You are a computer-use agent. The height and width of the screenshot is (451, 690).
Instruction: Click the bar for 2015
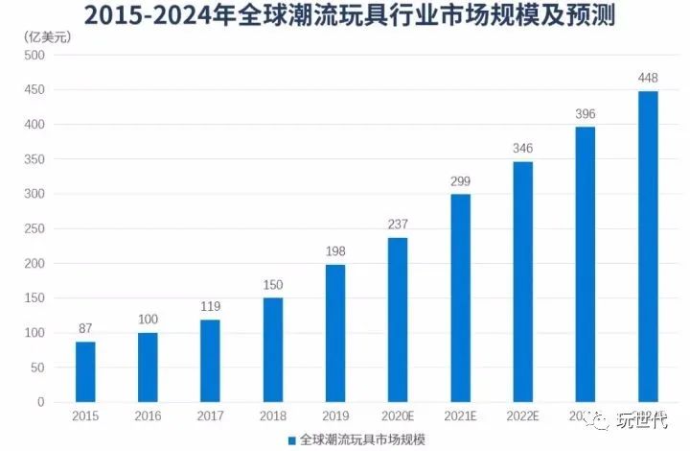coord(85,371)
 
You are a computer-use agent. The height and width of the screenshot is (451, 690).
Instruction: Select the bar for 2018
coord(273,349)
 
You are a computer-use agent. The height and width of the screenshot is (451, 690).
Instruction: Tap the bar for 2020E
coord(398,320)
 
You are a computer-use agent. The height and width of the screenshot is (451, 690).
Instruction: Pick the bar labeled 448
coord(648,247)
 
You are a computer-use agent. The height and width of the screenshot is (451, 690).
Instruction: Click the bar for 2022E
coord(523,281)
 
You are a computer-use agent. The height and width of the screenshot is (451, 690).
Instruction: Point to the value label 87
coord(85,329)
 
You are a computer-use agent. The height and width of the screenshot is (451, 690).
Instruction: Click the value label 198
coord(335,252)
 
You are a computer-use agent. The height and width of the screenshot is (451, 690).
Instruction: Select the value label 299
coord(460,181)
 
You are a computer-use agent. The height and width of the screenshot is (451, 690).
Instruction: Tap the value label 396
coord(586,114)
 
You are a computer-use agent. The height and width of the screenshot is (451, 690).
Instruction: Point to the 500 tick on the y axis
coord(34,56)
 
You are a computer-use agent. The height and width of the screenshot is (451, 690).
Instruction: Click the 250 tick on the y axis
coord(34,229)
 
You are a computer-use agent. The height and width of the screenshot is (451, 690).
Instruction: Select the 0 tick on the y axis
coord(41,403)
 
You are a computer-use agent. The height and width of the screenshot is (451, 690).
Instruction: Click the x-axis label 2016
coord(148,416)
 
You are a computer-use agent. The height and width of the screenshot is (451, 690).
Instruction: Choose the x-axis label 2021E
coord(460,416)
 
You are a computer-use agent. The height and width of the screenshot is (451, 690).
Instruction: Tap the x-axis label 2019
coord(335,416)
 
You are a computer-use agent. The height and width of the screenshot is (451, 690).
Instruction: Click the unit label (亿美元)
coord(42,36)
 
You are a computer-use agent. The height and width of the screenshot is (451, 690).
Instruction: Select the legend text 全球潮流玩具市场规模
coord(363,439)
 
